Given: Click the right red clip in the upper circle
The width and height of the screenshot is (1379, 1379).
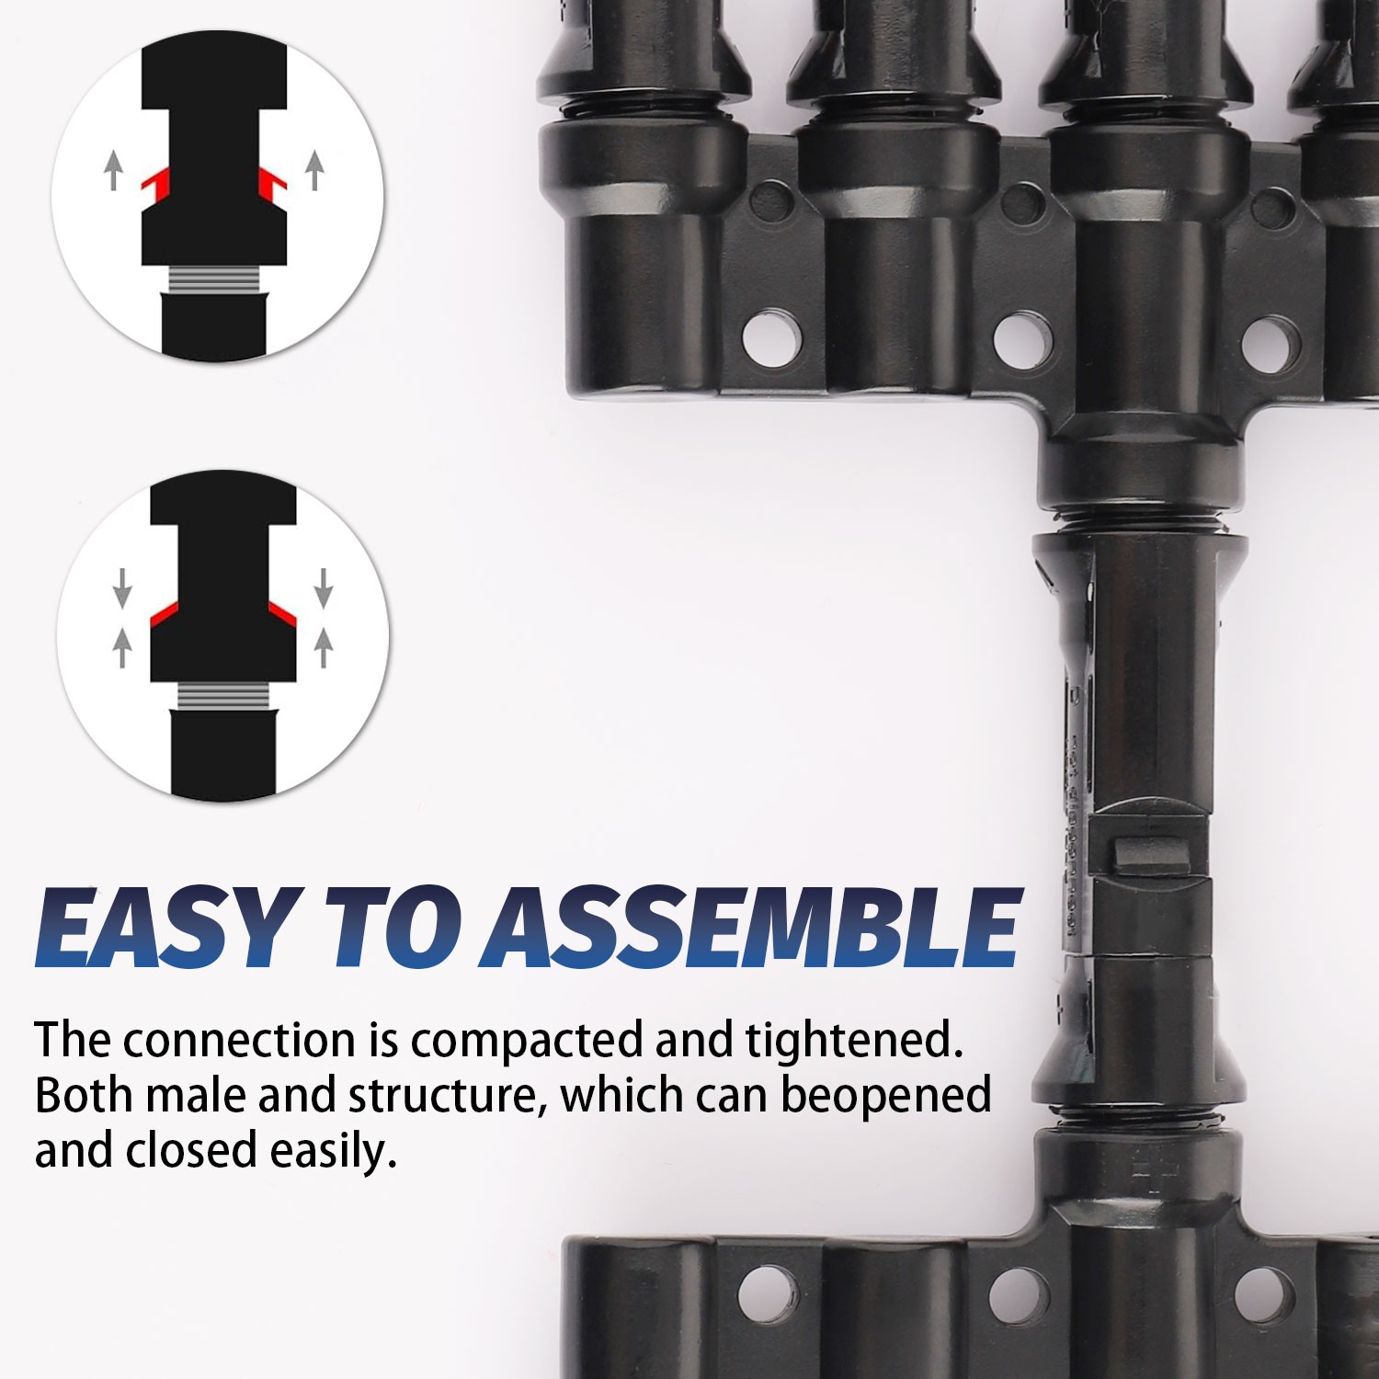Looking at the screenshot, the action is (273, 181).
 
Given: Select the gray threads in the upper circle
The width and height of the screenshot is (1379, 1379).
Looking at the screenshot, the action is (214, 279).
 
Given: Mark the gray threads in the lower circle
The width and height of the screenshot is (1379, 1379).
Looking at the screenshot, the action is (222, 696).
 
